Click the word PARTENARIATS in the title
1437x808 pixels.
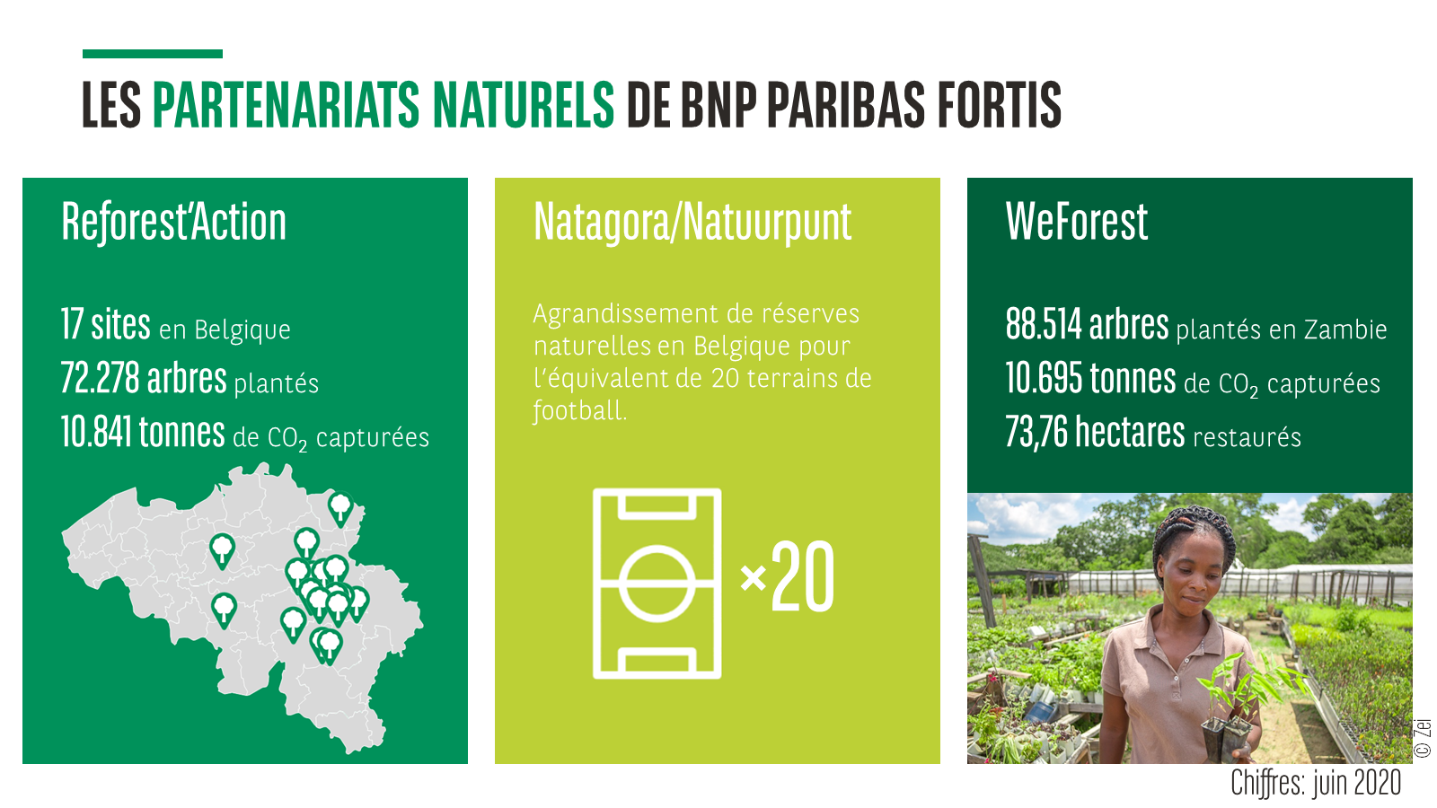(287, 104)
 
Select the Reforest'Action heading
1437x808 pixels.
(174, 222)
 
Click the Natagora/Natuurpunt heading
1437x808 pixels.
(692, 222)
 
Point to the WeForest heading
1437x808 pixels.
(1077, 222)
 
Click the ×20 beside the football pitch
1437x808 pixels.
(787, 576)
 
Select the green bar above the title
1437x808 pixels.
(153, 54)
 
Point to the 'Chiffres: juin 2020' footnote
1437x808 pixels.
(1315, 782)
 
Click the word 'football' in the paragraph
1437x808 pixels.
(580, 410)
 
